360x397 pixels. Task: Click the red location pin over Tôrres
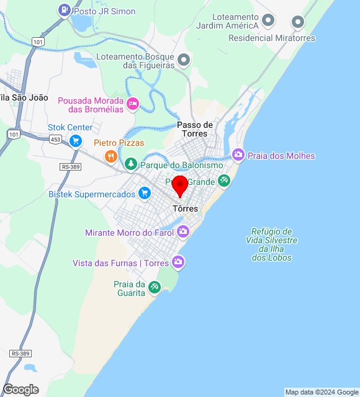pos(180,185)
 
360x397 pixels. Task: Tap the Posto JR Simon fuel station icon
pos(65,11)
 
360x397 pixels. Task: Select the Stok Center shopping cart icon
pos(76,141)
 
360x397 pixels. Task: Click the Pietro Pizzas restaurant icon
pos(111,156)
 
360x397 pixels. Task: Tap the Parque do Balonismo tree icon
pos(130,164)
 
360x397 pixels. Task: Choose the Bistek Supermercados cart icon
pos(145,194)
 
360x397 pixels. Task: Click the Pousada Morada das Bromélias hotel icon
pos(132,104)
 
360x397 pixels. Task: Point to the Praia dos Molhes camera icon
pos(238,154)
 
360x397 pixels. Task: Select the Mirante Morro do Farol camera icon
pos(183,232)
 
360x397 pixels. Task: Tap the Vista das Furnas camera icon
pos(178,262)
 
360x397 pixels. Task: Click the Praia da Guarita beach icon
pos(155,287)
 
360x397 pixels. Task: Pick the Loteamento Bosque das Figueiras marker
pos(184,60)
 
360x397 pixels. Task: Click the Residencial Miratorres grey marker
pos(298,23)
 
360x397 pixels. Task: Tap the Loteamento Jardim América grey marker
pos(268,20)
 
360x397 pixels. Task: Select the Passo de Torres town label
pos(195,129)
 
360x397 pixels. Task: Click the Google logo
pos(20,390)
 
